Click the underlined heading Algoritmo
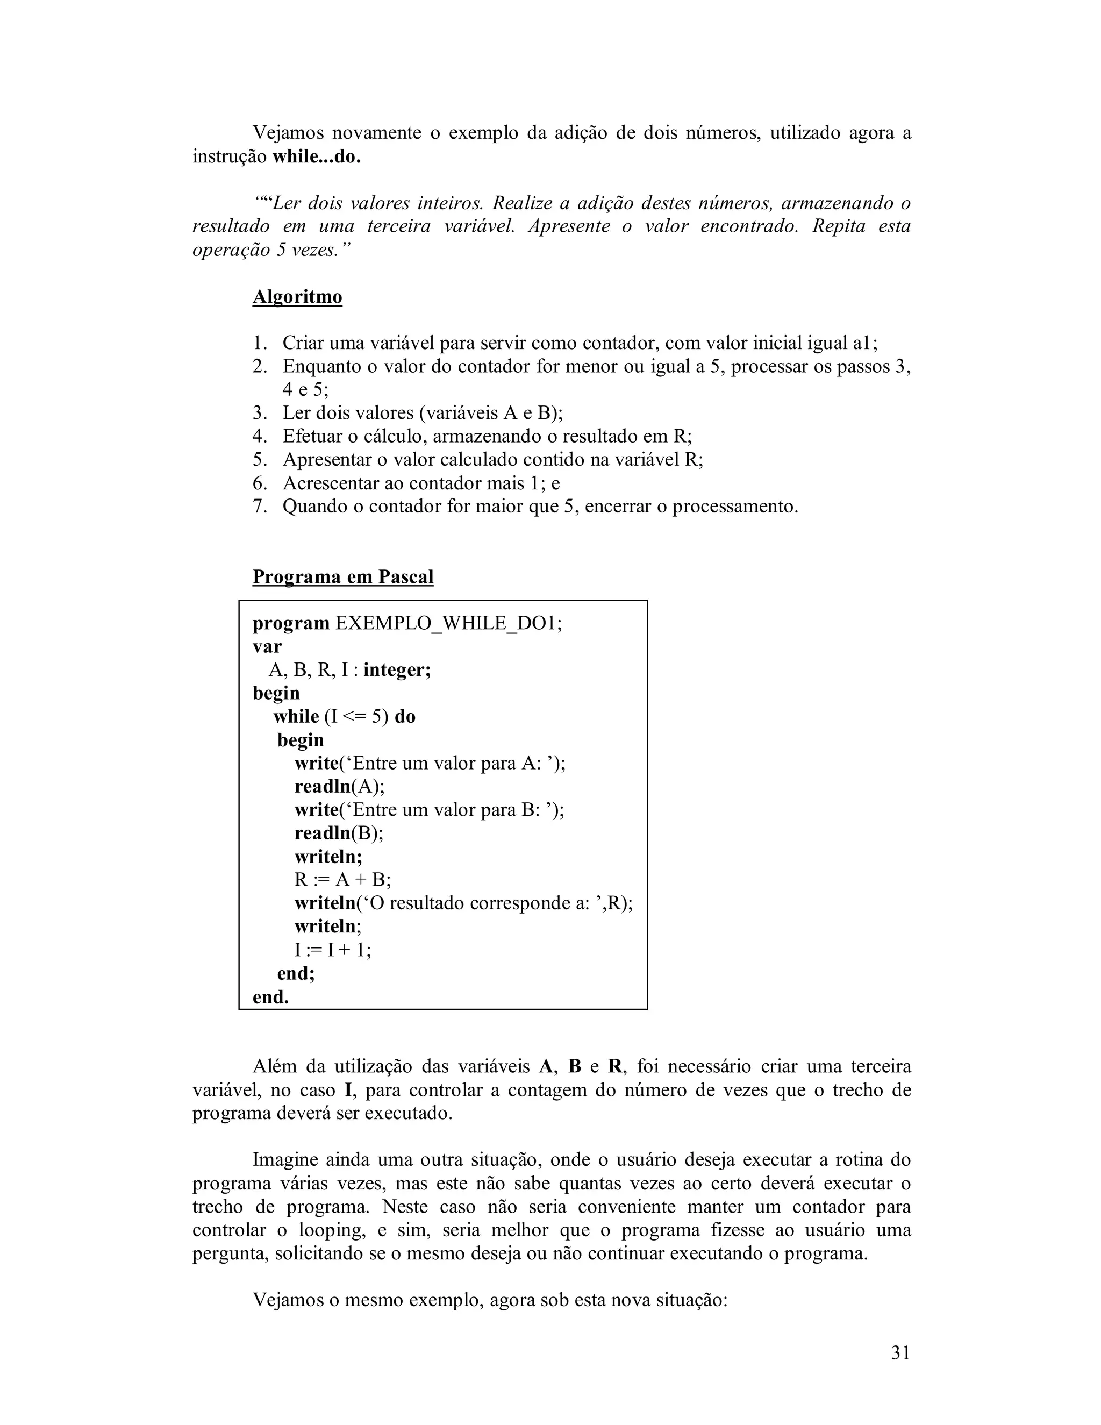297,297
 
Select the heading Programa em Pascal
342,577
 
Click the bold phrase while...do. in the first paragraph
316,157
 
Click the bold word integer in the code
396,670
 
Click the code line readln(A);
339,787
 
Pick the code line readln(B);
339,833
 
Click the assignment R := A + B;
342,880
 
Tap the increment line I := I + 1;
333,950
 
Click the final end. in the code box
271,997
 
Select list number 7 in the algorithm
260,507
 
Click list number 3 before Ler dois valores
260,413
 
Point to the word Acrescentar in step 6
331,483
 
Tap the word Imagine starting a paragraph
284,1160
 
